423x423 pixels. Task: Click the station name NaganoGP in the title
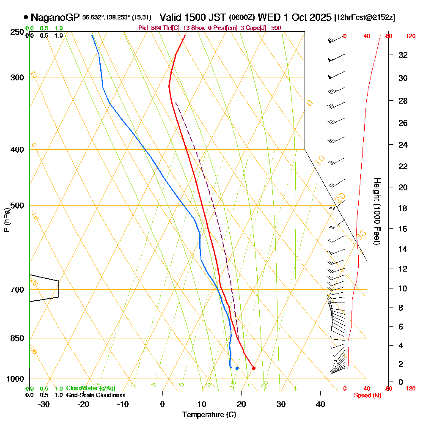tap(55, 17)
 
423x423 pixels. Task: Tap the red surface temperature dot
tap(253, 368)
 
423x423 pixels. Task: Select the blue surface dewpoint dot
tap(237, 368)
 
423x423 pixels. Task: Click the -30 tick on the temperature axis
tap(44, 404)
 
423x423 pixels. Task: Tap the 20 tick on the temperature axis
tap(242, 404)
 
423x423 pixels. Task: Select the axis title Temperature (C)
tap(209, 415)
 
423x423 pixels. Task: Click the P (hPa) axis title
tap(6, 220)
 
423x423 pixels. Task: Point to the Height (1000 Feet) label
tap(376, 211)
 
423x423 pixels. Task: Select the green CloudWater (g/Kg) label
tap(91, 388)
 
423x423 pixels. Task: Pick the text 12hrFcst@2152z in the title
tap(365, 18)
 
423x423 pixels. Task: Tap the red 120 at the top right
tap(410, 36)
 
